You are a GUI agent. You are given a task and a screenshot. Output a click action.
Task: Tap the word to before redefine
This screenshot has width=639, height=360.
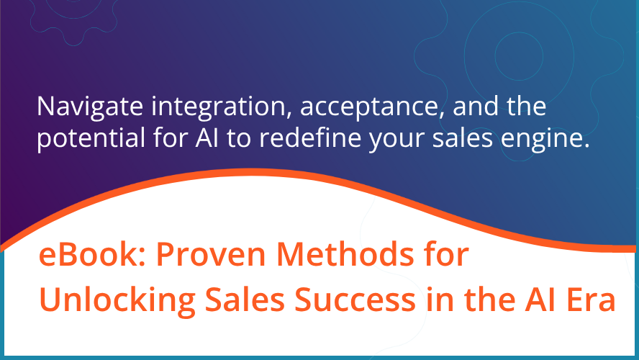coord(258,140)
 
